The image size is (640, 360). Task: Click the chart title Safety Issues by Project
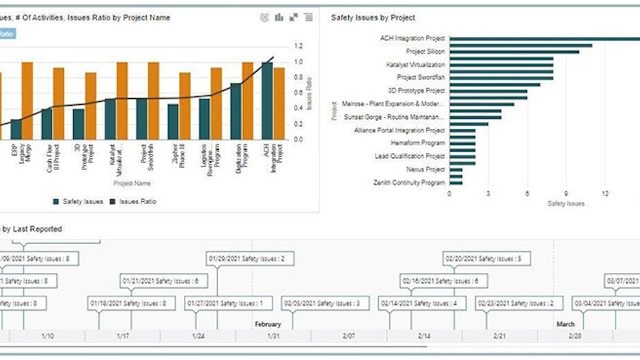click(372, 18)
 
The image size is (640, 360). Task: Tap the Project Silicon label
click(425, 52)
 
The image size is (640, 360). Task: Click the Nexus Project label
click(425, 169)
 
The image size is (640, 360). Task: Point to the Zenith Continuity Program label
click(409, 182)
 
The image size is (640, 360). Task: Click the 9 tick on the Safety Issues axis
click(566, 194)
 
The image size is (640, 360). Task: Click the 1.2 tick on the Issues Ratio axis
click(299, 46)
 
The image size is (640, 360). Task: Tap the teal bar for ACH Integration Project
click(267, 100)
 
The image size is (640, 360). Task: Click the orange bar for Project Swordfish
click(153, 100)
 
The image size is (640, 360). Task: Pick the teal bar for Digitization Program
click(236, 111)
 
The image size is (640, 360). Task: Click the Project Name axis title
click(132, 184)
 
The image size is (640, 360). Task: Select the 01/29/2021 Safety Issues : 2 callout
click(250, 259)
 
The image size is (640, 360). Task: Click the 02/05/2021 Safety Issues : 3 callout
click(325, 304)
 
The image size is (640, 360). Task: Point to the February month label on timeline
click(267, 324)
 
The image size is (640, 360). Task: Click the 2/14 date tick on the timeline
click(424, 336)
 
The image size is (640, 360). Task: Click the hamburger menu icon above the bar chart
click(308, 17)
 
